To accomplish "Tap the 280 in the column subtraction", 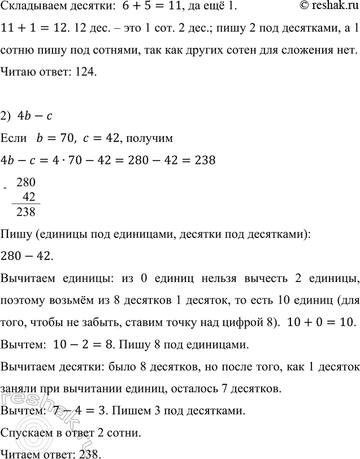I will tap(26, 183).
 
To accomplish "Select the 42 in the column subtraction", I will tap(29, 197).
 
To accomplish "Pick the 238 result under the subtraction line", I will tap(26, 213).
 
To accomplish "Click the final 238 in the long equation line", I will tap(202, 160).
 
